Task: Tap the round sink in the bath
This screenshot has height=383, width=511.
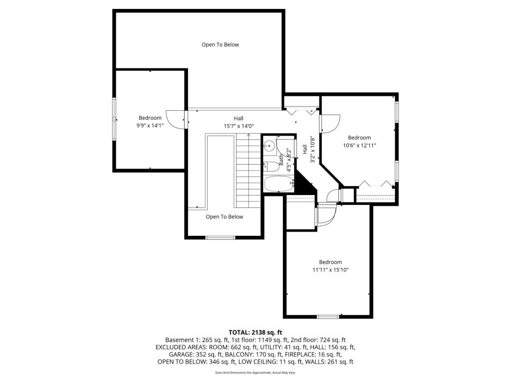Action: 269,146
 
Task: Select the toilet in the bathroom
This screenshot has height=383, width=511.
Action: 270,166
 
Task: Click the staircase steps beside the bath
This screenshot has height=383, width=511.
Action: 248,170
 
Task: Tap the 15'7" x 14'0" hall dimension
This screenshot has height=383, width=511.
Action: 239,126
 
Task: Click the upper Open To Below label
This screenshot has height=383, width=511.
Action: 220,45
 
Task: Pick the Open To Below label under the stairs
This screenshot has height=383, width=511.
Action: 225,217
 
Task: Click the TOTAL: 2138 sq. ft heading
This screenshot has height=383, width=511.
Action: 255,332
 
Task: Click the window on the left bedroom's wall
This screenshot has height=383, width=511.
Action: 114,120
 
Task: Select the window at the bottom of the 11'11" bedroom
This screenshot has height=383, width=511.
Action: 328,317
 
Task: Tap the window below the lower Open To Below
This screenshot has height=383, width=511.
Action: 221,237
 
